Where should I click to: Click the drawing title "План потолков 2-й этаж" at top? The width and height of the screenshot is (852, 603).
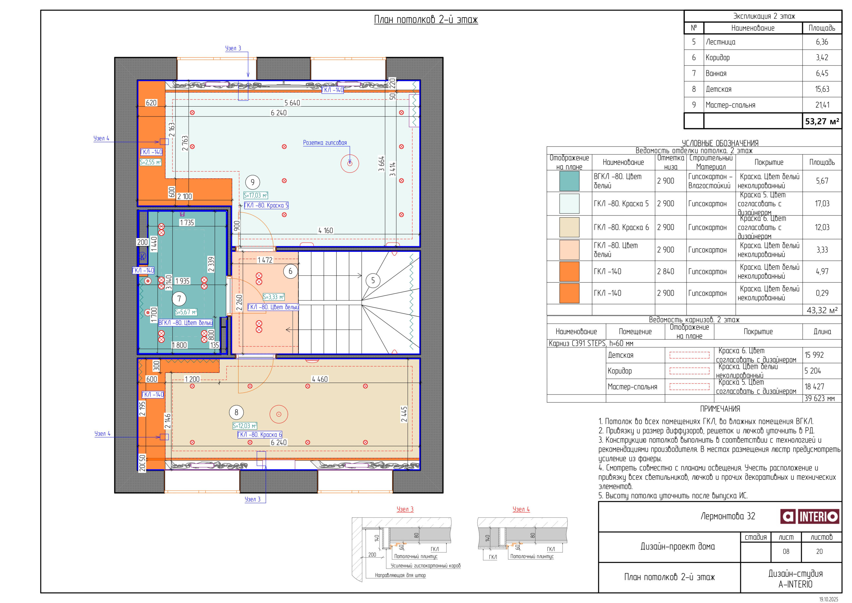coord(426,19)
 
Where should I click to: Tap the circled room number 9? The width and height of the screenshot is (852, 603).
coord(252,182)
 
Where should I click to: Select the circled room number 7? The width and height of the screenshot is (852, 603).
coord(179,298)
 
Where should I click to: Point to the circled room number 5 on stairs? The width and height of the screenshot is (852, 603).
coord(373,280)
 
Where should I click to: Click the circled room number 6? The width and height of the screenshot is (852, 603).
coord(290,271)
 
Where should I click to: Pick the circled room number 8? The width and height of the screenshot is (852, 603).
coord(236,412)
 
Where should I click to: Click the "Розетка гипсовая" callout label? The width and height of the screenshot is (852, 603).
coord(325,143)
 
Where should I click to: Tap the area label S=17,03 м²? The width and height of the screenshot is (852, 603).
coord(255,195)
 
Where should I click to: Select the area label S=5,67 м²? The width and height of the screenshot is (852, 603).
coord(186,312)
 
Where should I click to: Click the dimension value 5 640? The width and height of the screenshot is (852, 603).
coord(292,103)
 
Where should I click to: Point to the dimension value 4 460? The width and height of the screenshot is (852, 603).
coord(319,379)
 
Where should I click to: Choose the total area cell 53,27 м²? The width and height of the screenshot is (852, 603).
coord(822,121)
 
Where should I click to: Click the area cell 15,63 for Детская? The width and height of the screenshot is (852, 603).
coord(822,89)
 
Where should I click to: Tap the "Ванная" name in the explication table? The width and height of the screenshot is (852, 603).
coord(716,73)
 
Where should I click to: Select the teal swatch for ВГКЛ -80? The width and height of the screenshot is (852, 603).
coord(569,181)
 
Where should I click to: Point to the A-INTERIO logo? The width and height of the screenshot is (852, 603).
coord(810,516)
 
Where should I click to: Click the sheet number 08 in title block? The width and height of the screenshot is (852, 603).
coord(786,552)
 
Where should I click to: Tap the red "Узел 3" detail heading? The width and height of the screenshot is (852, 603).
coord(405,510)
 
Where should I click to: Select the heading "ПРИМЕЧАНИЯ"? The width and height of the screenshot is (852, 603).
coord(720,409)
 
